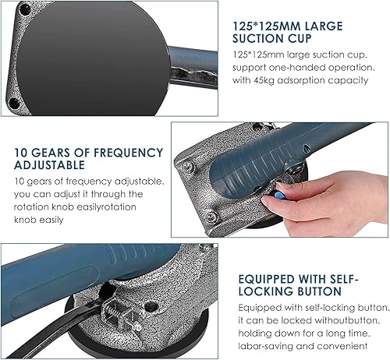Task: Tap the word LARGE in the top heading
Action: click(x=323, y=26)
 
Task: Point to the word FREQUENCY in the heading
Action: click(x=129, y=153)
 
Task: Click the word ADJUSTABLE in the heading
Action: click(x=49, y=165)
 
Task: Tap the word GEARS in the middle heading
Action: click(x=51, y=153)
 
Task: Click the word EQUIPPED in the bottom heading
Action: click(x=266, y=279)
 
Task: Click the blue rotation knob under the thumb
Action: click(x=278, y=194)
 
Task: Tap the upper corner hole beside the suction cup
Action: click(x=25, y=10)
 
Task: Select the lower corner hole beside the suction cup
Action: click(x=15, y=104)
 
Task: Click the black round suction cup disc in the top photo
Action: click(x=93, y=58)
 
